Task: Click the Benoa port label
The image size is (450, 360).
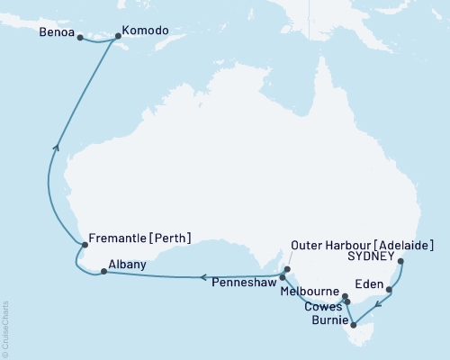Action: point(57,37)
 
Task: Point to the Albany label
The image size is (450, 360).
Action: point(126,265)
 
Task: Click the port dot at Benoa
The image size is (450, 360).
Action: point(81,38)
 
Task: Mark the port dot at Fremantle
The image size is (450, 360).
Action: point(84,244)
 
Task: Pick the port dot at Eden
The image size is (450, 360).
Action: point(389,290)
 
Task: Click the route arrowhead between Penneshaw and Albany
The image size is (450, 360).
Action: point(202,277)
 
